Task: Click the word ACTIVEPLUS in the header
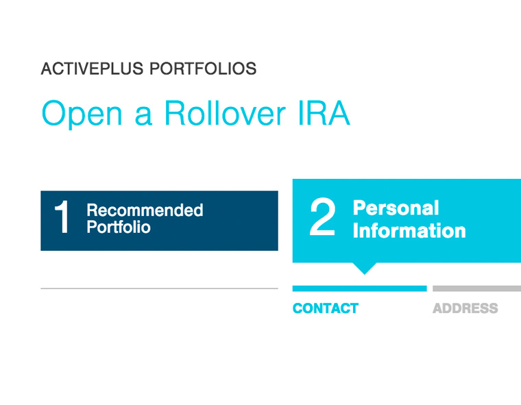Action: coord(92,69)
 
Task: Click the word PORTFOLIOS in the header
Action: coord(203,69)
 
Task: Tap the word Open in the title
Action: coord(82,114)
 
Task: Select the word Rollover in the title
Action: coord(225,113)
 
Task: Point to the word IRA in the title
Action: coord(324,113)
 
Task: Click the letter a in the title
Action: coord(143,116)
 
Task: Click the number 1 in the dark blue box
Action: coord(62,217)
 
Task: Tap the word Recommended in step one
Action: coord(145,210)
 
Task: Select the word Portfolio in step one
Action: coord(119,228)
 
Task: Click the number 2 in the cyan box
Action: coord(322,217)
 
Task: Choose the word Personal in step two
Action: coord(396,208)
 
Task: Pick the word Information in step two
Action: coord(409,230)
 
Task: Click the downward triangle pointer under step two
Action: coord(365,268)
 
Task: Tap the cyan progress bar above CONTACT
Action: coord(359,289)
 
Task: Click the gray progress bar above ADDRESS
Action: coord(477,289)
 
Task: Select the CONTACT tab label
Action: coord(326,308)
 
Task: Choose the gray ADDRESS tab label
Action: coord(465,308)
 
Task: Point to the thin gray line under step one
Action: coord(160,289)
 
